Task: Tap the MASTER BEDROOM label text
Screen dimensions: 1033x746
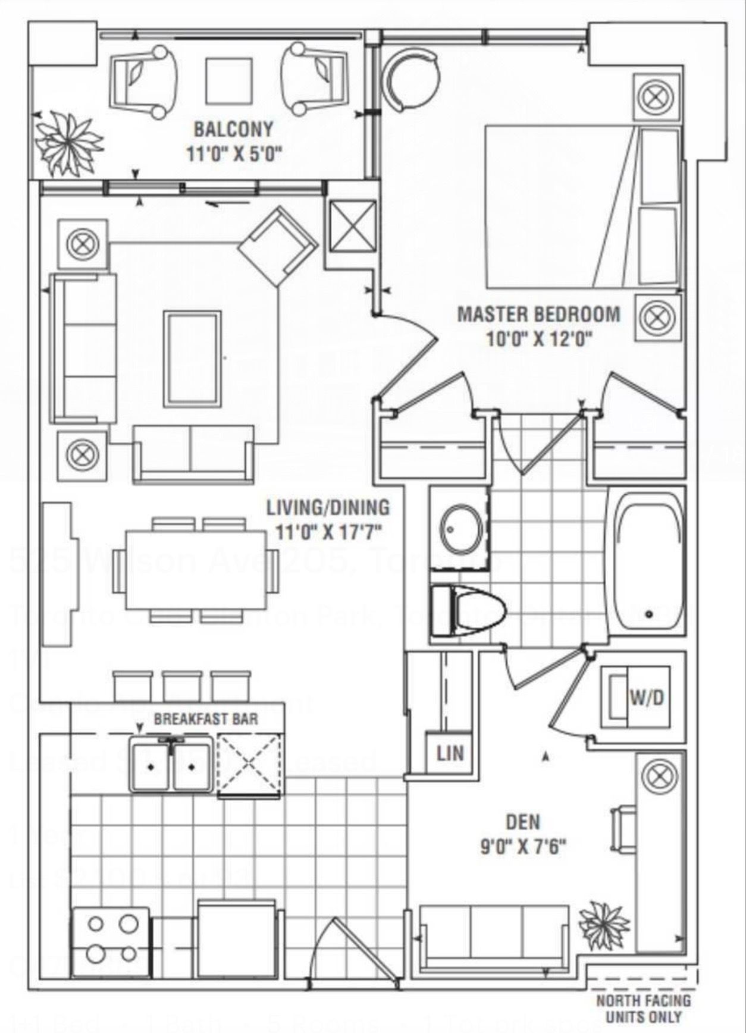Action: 538,313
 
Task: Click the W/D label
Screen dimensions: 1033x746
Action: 647,696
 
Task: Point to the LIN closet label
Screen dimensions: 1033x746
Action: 450,753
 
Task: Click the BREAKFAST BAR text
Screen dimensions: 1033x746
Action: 206,718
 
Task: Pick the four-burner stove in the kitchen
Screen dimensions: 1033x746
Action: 111,940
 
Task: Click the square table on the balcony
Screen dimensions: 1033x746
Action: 230,81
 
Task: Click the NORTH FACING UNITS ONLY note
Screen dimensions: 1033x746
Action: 644,1008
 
